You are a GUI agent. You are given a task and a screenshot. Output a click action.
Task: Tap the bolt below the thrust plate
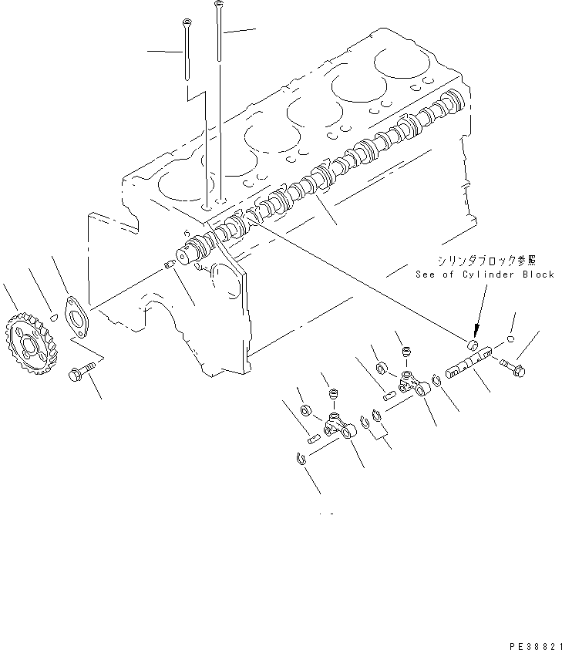tap(79, 373)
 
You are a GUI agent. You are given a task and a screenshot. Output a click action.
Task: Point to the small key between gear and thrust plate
tap(52, 315)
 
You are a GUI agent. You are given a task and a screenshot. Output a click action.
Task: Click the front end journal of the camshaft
tap(187, 254)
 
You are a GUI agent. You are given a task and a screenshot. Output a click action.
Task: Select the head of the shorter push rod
tap(185, 21)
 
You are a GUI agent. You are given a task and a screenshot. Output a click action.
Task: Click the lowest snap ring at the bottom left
tap(302, 460)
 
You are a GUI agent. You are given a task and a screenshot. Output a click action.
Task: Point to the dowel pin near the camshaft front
tap(170, 267)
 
